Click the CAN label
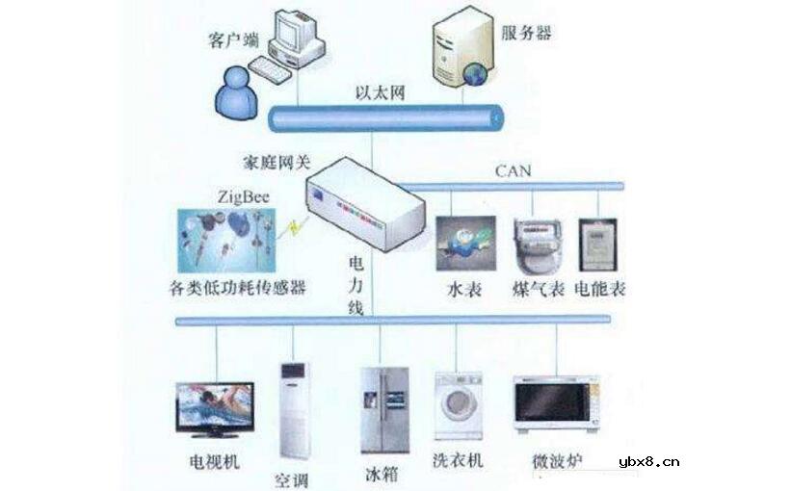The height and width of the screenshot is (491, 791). pos(514,171)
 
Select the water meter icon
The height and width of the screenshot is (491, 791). pos(465,245)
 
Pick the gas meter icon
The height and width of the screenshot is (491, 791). pos(537,245)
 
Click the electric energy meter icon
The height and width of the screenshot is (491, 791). pos(596,246)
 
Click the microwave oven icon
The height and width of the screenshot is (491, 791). pos(550,407)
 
